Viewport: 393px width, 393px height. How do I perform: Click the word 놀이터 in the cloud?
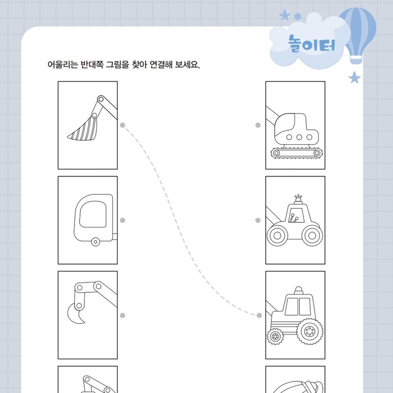click(x=312, y=44)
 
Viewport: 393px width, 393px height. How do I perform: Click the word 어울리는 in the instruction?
click(x=63, y=64)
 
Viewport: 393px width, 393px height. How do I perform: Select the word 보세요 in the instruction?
click(x=187, y=64)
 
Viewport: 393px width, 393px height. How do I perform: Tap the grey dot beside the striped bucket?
click(x=123, y=125)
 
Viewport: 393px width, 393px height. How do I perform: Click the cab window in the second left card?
click(x=93, y=214)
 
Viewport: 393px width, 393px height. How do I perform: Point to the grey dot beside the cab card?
click(x=123, y=220)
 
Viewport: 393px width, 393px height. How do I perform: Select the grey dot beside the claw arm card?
click(x=123, y=315)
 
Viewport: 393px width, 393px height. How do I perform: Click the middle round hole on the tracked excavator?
click(x=299, y=137)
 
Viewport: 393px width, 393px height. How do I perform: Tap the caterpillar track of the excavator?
click(x=297, y=153)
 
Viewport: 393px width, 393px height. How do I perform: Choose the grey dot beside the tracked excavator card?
click(x=258, y=125)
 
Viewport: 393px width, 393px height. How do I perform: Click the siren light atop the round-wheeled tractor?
click(x=298, y=199)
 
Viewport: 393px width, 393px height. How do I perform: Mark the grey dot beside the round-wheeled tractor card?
click(x=258, y=220)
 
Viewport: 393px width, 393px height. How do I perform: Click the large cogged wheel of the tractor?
click(x=310, y=331)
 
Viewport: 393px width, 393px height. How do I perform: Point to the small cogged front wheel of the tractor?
click(x=275, y=336)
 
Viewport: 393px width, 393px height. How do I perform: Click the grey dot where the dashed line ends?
click(x=259, y=315)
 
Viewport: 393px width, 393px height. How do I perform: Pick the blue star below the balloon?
click(x=355, y=78)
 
